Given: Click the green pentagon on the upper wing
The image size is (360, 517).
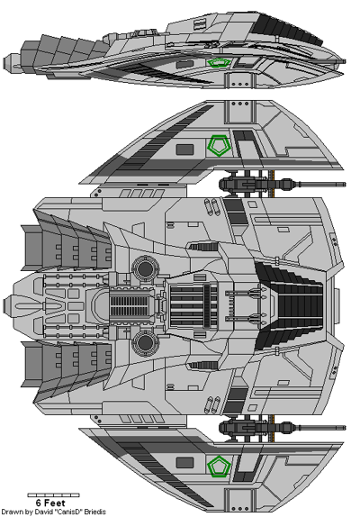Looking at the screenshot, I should coord(216,143).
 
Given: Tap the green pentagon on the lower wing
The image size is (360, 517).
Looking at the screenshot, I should coord(216,466).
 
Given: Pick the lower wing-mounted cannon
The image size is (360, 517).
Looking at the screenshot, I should coord(247,424).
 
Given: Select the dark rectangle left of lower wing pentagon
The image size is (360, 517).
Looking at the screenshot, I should coord(184,465).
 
